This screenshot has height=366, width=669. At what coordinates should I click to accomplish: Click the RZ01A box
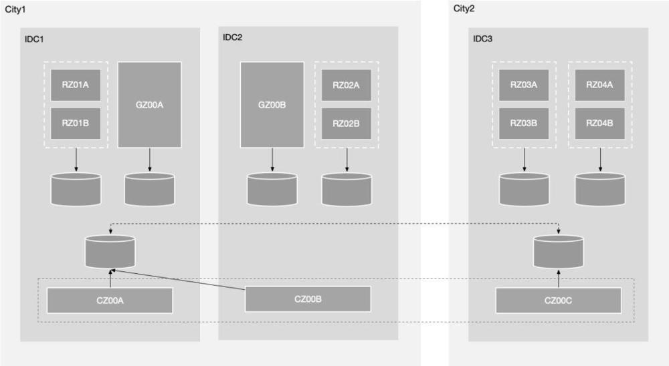(76, 85)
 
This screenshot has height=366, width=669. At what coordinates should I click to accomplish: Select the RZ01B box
(76, 123)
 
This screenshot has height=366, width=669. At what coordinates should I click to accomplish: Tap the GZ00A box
(149, 104)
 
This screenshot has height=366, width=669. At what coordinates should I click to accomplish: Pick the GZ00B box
(272, 104)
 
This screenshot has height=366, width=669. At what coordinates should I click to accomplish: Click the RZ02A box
(346, 85)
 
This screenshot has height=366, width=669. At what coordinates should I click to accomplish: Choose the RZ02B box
(346, 123)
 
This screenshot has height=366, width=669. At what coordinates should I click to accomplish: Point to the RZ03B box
(524, 123)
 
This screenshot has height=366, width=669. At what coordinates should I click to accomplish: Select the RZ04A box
(599, 85)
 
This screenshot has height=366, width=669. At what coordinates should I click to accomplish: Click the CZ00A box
(110, 301)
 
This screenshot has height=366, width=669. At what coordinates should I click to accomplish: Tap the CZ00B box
(308, 299)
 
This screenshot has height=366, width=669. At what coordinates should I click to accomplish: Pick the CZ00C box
(558, 301)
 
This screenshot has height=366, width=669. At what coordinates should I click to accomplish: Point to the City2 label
(465, 9)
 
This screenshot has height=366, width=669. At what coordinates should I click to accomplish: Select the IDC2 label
(233, 37)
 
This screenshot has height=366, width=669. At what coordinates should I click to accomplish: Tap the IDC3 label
(483, 39)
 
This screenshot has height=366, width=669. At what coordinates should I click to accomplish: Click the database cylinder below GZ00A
(149, 190)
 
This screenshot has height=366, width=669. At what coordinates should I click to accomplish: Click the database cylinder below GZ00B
(272, 190)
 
